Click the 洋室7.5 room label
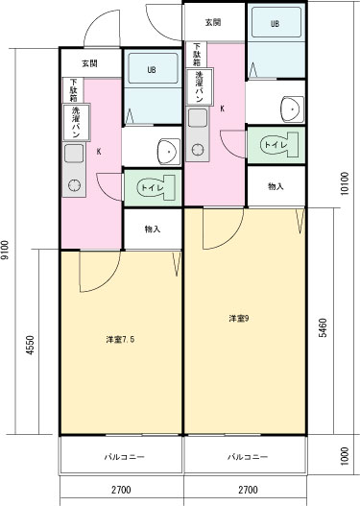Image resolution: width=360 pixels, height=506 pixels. click(x=120, y=340)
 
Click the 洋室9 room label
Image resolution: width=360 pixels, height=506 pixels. click(x=238, y=319)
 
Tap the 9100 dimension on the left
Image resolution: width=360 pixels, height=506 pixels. click(x=5, y=250)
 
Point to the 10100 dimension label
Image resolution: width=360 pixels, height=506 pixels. click(x=345, y=183)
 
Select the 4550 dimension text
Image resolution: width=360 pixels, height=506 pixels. click(x=30, y=345)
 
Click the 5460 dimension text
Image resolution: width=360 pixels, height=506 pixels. click(x=323, y=327)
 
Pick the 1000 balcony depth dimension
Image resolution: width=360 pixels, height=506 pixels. click(x=345, y=456)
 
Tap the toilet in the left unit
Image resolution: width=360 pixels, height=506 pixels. click(x=156, y=187)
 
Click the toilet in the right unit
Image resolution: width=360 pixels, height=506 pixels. click(x=279, y=145)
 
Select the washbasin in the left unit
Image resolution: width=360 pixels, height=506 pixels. click(x=169, y=152)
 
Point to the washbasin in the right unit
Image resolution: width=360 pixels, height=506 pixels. click(x=293, y=109)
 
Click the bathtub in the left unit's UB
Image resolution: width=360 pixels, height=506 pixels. click(x=154, y=69)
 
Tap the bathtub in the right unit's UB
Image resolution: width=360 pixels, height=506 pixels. click(x=276, y=23)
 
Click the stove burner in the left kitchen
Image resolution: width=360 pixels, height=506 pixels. click(x=74, y=185)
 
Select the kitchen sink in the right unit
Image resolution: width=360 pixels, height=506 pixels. click(x=198, y=118)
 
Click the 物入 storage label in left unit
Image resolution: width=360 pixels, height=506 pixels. click(x=153, y=229)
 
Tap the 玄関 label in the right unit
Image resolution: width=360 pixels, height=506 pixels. click(x=213, y=22)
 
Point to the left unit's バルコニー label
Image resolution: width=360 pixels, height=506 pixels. click(x=125, y=457)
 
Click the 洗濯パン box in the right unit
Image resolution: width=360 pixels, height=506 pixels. click(x=200, y=86)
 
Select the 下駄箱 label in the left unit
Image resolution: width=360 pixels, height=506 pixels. click(x=74, y=90)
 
